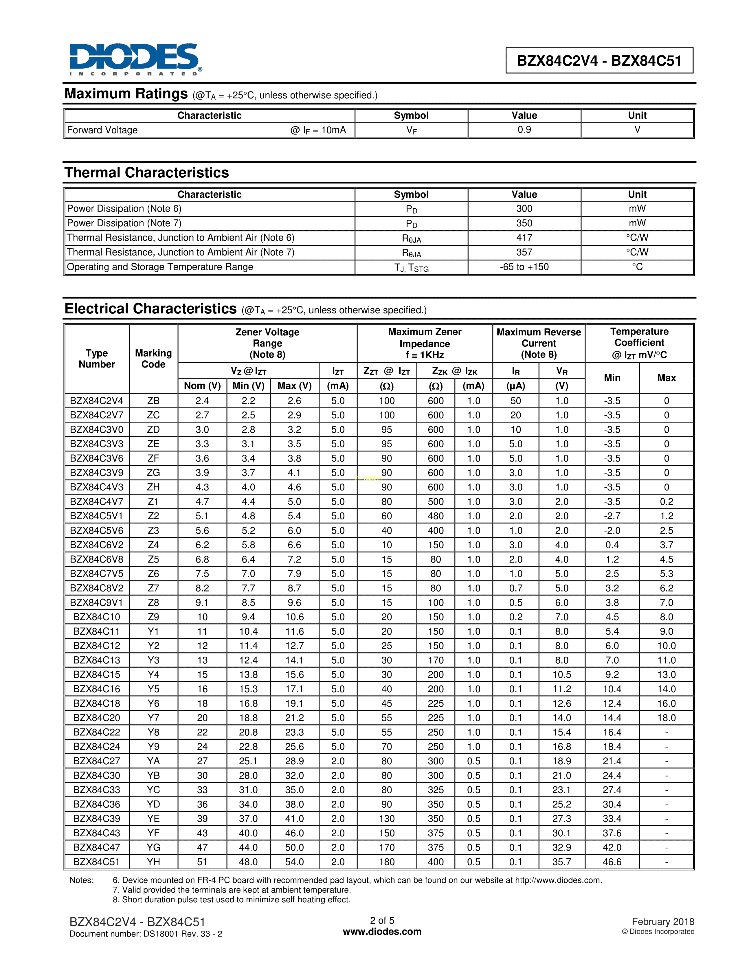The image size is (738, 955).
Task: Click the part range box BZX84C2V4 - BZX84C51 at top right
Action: pyautogui.click(x=599, y=60)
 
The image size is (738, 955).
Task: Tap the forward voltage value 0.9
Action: pyautogui.click(x=524, y=130)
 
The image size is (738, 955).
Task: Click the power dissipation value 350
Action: pyautogui.click(x=524, y=223)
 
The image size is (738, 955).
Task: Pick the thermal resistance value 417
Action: pyautogui.click(x=524, y=238)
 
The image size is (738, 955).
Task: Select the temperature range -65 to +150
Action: pyautogui.click(x=524, y=267)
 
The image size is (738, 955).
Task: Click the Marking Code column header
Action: pyautogui.click(x=153, y=359)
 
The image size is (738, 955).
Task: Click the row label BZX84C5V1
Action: pyautogui.click(x=97, y=516)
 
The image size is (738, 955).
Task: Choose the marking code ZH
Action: pyautogui.click(x=153, y=487)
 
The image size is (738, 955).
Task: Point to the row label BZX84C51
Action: pyautogui.click(x=97, y=862)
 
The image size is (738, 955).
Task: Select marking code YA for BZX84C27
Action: pyautogui.click(x=153, y=761)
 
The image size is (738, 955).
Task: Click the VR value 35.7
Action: pyautogui.click(x=561, y=862)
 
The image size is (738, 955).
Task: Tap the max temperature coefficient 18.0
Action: pyautogui.click(x=666, y=718)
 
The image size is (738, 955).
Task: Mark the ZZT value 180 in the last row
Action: pyautogui.click(x=386, y=862)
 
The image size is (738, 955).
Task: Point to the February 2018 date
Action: pyautogui.click(x=662, y=922)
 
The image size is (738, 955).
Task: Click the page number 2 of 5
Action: pyautogui.click(x=382, y=921)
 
